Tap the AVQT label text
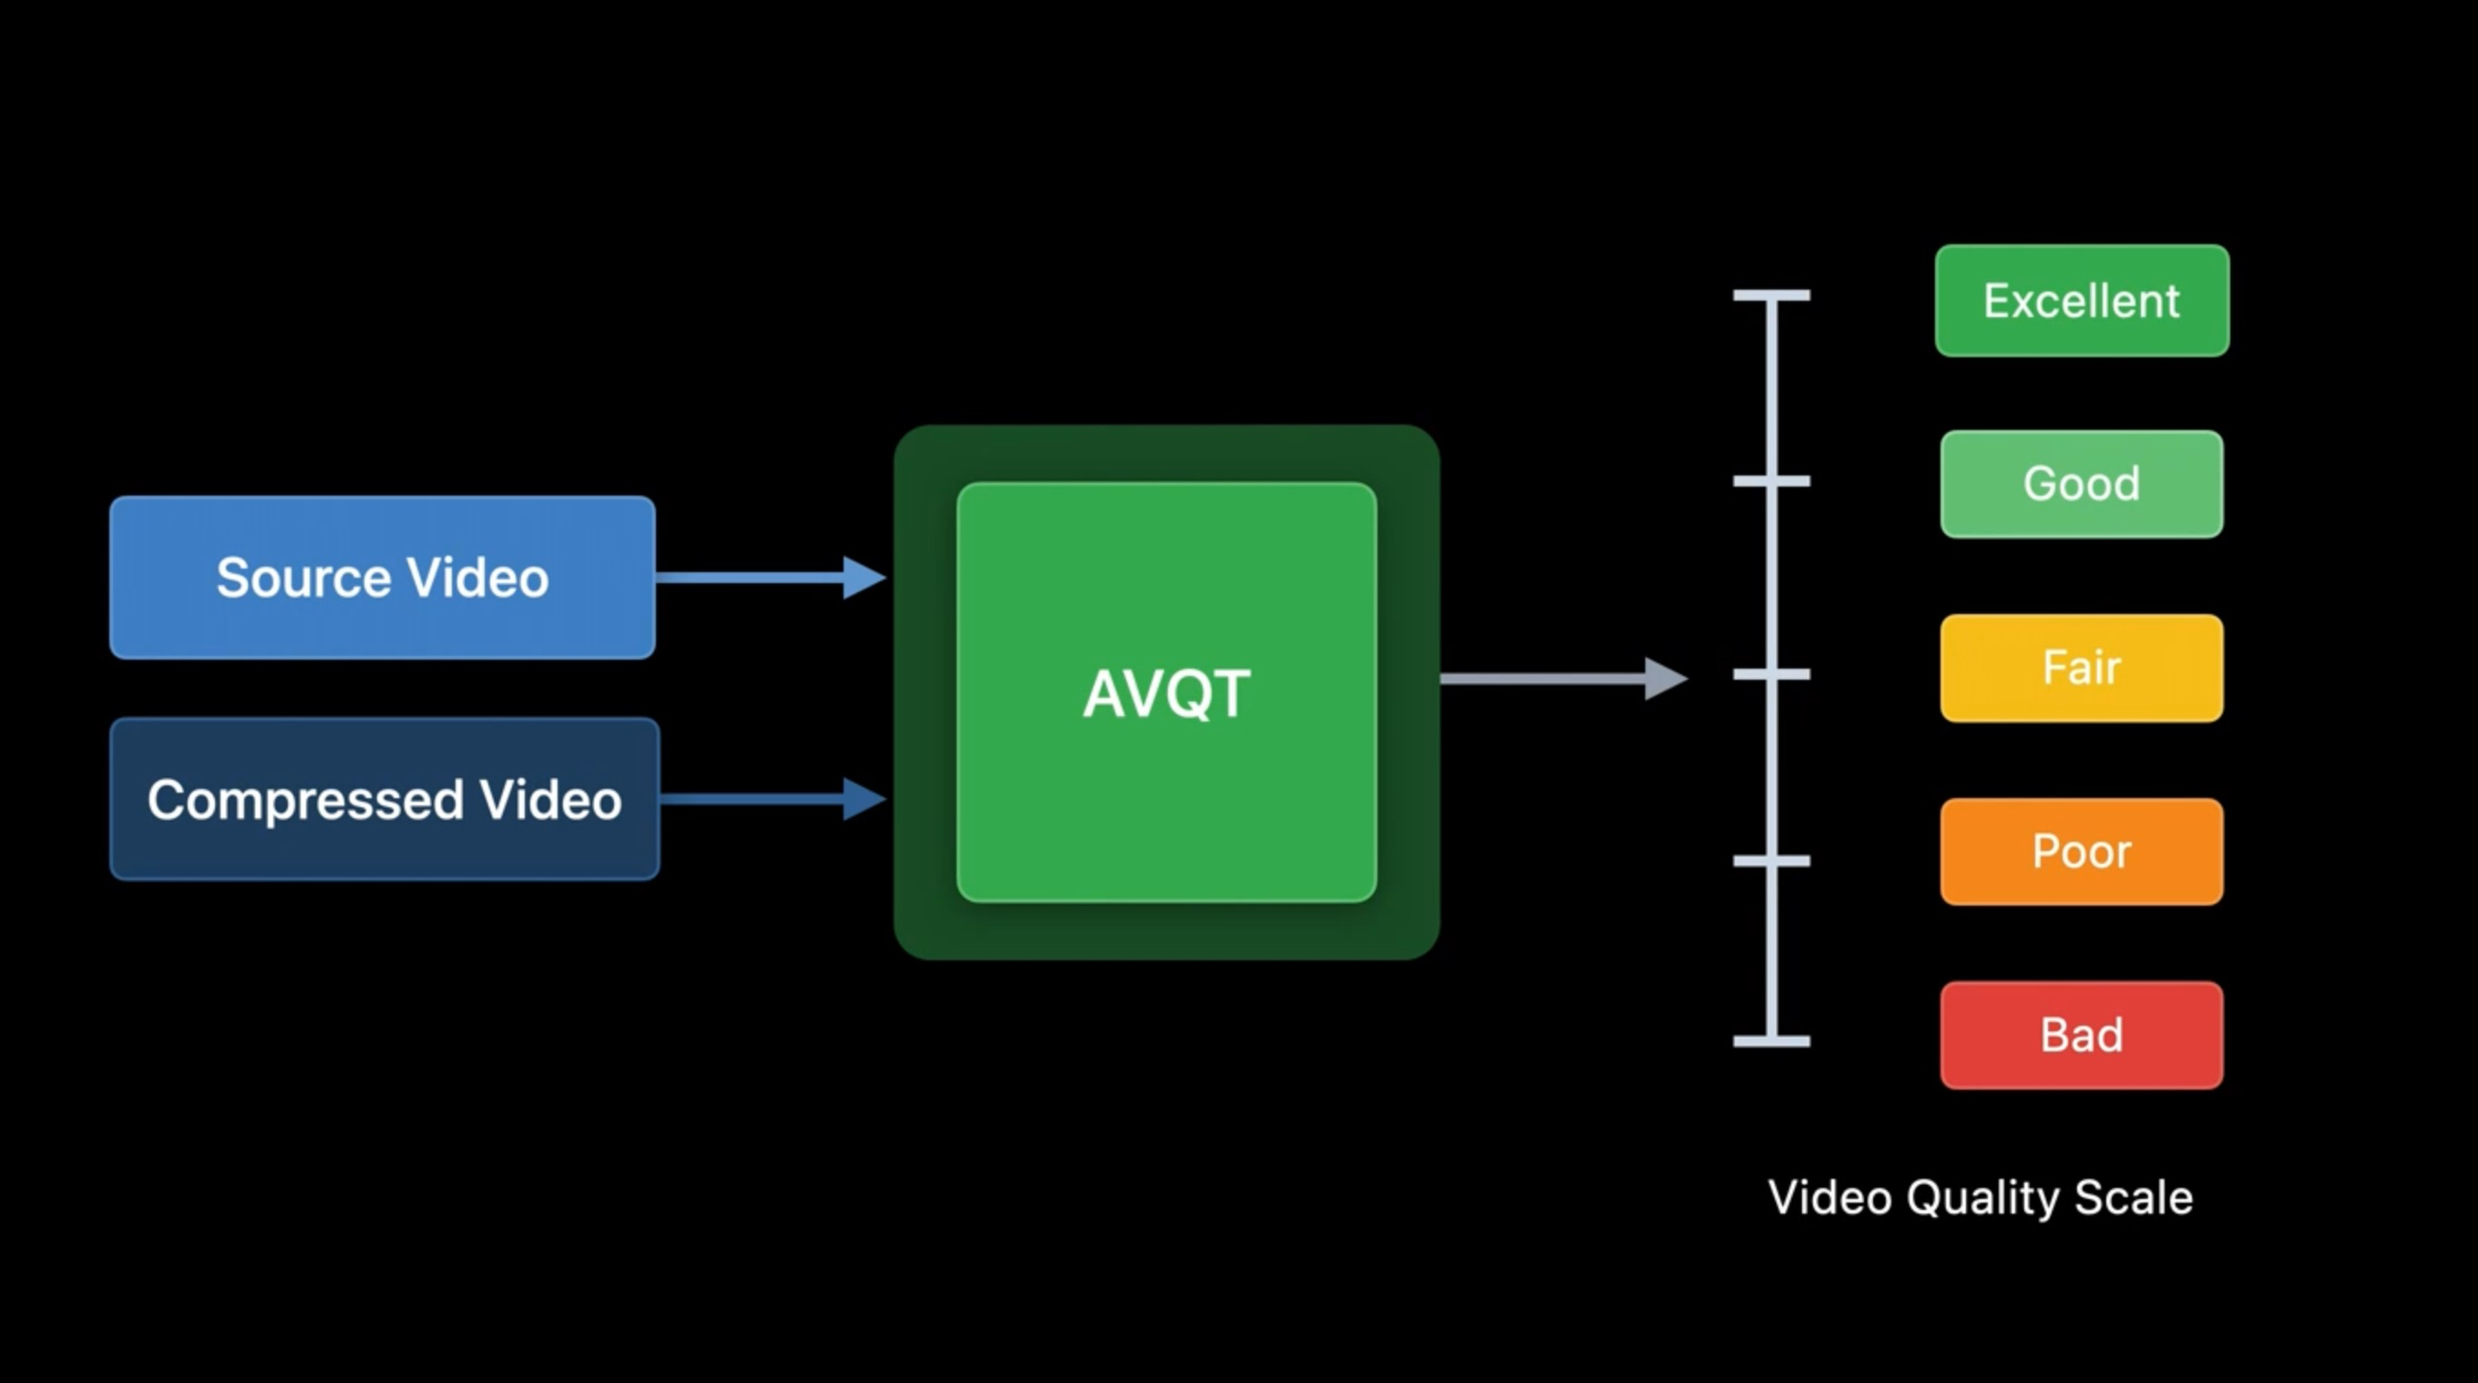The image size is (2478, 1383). pyautogui.click(x=1166, y=693)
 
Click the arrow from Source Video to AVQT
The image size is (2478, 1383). pyautogui.click(x=770, y=577)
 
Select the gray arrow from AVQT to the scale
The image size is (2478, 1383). pyautogui.click(x=1562, y=678)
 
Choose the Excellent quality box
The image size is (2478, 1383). pyautogui.click(x=2082, y=301)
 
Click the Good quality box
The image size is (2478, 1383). pyautogui.click(x=2082, y=484)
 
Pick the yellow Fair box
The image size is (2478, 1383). pyautogui.click(x=2082, y=668)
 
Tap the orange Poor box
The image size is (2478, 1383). pyautogui.click(x=2082, y=851)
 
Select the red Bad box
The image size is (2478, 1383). pyautogui.click(x=2082, y=1035)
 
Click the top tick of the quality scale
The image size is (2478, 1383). pyautogui.click(x=1771, y=295)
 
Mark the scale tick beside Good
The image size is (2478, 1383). pyautogui.click(x=1771, y=481)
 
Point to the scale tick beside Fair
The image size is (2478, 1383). pyautogui.click(x=1771, y=674)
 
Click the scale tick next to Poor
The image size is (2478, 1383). pyautogui.click(x=1771, y=861)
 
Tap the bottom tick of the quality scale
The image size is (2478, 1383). pyautogui.click(x=1771, y=1040)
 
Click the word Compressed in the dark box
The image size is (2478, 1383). pyautogui.click(x=305, y=800)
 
